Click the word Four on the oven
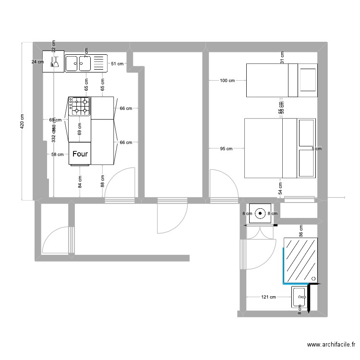click(80, 154)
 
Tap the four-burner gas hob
click(79, 106)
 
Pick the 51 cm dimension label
click(117, 63)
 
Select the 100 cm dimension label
click(227, 81)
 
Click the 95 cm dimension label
click(226, 149)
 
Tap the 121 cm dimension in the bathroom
click(268, 297)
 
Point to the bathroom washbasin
click(299, 297)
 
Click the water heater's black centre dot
click(260, 213)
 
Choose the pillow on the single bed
click(308, 80)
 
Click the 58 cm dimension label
click(57, 155)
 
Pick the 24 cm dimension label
click(36, 62)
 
